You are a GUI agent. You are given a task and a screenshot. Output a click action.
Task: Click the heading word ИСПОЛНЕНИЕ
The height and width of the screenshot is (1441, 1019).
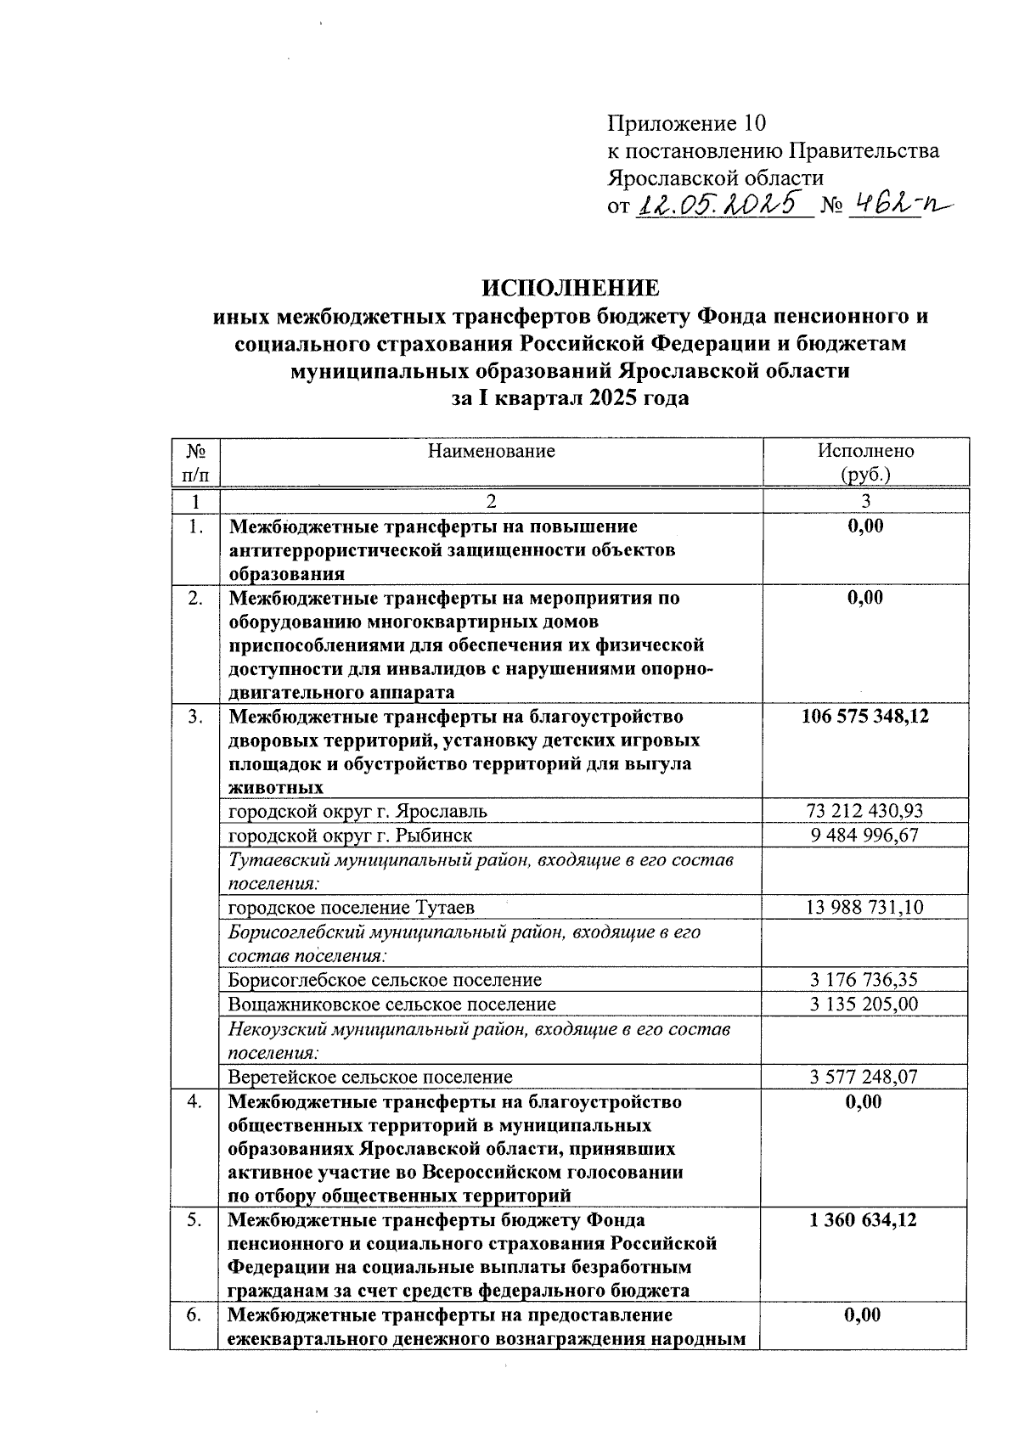(x=571, y=289)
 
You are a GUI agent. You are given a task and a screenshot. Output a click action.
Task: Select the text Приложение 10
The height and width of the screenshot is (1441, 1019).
(x=686, y=124)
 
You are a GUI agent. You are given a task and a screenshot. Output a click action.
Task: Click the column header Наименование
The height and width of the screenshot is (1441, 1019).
(x=491, y=451)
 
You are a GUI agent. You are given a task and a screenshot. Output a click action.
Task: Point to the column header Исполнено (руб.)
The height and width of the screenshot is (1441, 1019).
(x=865, y=462)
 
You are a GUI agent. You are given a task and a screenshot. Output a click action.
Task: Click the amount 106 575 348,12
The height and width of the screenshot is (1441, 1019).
(x=865, y=716)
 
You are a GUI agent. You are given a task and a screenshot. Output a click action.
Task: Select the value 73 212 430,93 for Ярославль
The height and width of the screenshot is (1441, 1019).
(x=864, y=811)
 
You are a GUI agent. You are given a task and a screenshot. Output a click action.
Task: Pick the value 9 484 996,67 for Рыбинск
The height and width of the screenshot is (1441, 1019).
(x=864, y=835)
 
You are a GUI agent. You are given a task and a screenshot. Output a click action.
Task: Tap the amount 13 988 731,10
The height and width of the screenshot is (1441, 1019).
(x=864, y=907)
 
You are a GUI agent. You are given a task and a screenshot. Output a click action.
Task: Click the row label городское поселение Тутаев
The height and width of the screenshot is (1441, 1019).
(x=351, y=907)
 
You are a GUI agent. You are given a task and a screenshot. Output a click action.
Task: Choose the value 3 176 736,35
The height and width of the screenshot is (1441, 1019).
(x=864, y=979)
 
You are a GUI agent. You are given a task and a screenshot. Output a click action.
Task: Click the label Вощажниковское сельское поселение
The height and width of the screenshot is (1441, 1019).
(x=391, y=1004)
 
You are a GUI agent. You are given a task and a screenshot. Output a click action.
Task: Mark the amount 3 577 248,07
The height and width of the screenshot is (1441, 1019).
(x=864, y=1077)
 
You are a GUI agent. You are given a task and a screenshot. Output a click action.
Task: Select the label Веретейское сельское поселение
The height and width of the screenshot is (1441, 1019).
(x=369, y=1077)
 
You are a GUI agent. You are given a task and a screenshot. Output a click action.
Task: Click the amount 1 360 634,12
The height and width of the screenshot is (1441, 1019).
(x=864, y=1220)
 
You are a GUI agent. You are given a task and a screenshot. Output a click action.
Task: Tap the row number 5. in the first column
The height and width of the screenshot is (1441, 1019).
(x=194, y=1220)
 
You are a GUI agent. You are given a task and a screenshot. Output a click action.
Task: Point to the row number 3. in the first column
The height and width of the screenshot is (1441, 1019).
(x=194, y=716)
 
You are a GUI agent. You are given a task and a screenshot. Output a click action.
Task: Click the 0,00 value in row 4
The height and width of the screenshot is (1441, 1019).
(x=864, y=1101)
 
